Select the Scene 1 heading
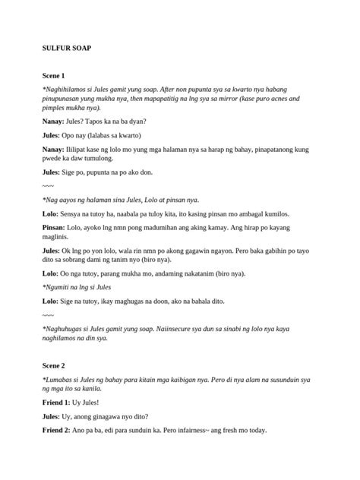coord(53,76)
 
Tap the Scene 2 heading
coord(53,365)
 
